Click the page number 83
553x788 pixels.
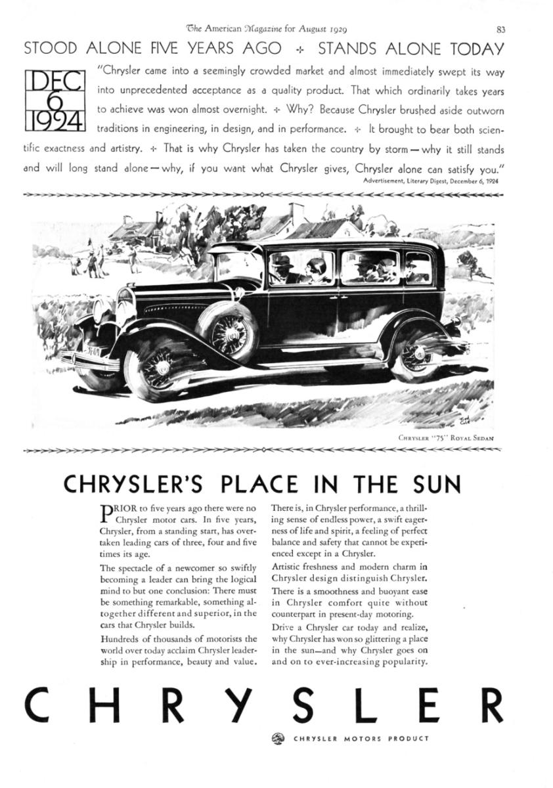(500, 28)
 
